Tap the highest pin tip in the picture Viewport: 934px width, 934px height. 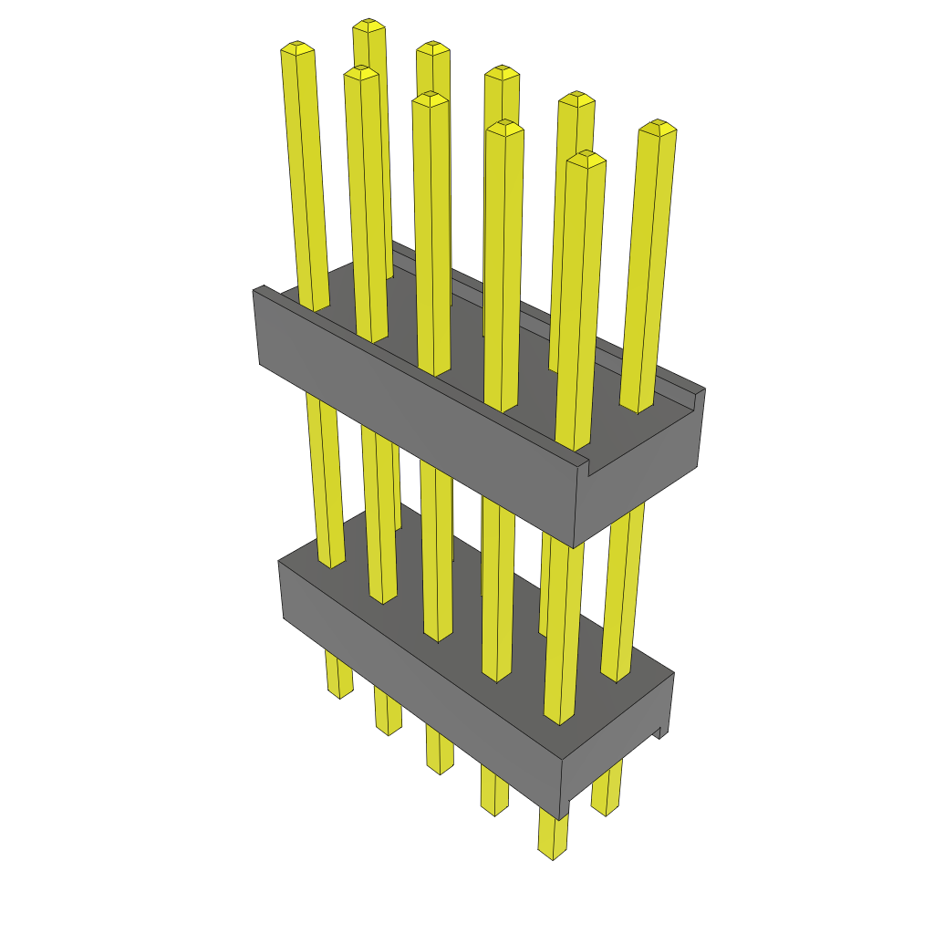[x=368, y=25]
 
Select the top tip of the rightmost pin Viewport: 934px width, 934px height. [x=658, y=127]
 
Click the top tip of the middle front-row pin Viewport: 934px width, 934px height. [x=431, y=98]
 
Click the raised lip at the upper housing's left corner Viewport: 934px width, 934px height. [x=261, y=291]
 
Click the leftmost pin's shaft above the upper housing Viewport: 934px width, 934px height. [x=306, y=182]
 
